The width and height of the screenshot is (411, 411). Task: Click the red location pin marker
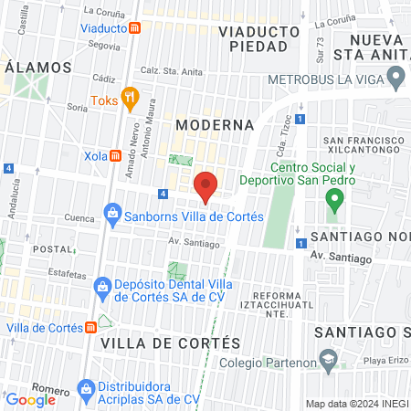click(206, 185)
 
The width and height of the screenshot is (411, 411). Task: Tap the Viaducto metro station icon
click(135, 27)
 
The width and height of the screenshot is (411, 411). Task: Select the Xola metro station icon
click(116, 155)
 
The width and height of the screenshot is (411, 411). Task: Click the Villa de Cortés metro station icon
click(91, 328)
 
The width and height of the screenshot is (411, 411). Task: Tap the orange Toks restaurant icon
click(130, 96)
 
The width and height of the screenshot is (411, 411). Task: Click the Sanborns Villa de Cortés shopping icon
click(112, 216)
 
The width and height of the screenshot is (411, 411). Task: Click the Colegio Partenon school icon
click(327, 360)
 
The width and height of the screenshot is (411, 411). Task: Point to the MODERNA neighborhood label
click(214, 124)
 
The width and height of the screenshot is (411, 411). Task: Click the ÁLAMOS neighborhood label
click(38, 68)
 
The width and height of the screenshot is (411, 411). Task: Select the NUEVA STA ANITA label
click(376, 47)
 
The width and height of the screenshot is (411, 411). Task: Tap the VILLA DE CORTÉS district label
click(171, 342)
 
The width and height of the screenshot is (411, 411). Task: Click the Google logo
click(31, 399)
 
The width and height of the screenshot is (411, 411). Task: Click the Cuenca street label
click(79, 218)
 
